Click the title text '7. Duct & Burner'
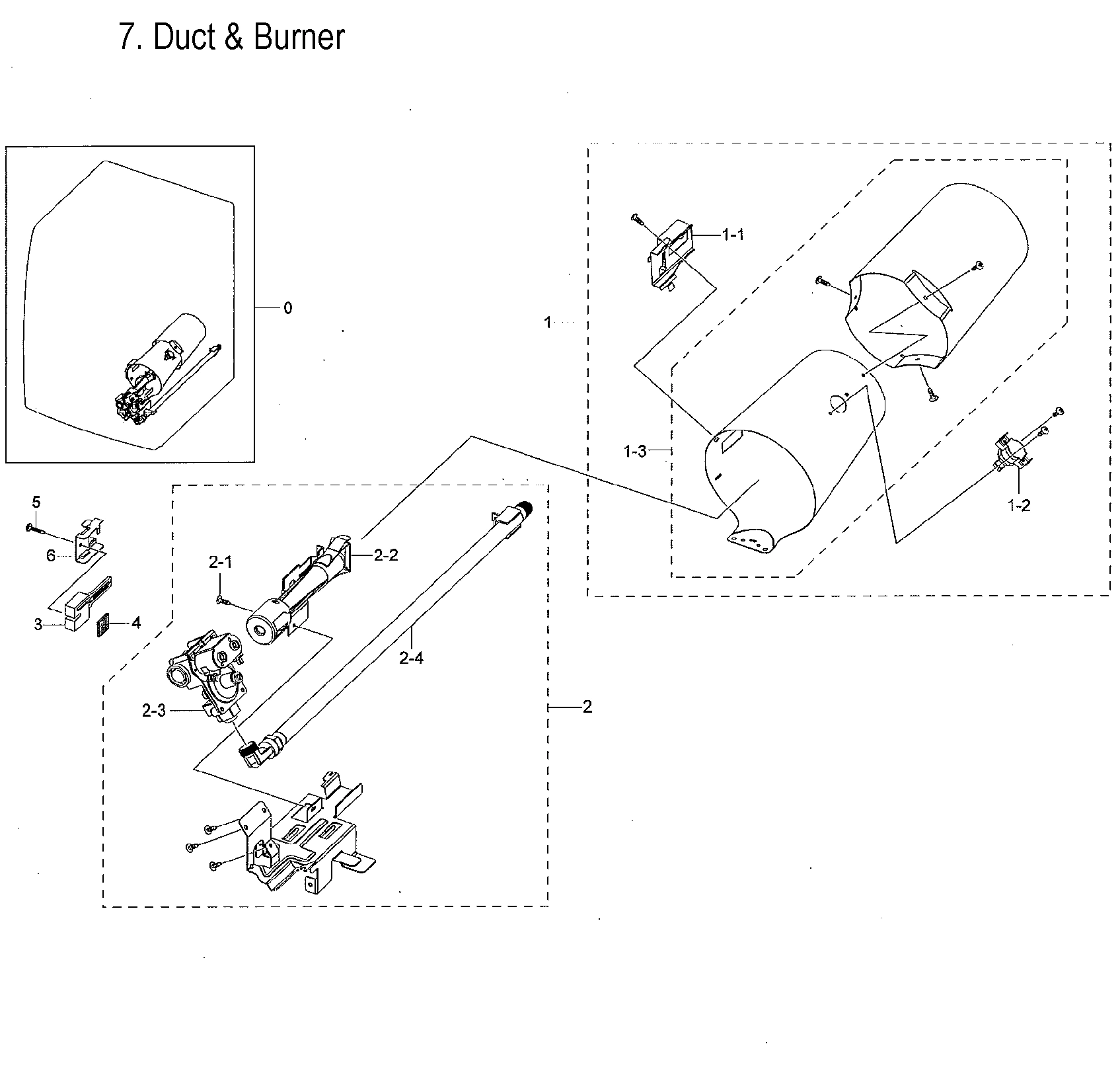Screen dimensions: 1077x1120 [231, 38]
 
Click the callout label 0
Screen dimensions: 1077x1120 [287, 308]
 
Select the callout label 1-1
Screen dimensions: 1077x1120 [733, 234]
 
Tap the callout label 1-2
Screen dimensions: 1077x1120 [1018, 506]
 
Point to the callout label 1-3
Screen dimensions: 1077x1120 [634, 452]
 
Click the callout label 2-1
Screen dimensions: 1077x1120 [221, 563]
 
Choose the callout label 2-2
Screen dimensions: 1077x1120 [386, 555]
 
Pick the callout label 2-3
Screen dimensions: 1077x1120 [153, 711]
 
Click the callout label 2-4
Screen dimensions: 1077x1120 [411, 658]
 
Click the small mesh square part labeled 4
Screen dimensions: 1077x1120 [102, 625]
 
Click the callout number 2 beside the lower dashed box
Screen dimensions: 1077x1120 [587, 707]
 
